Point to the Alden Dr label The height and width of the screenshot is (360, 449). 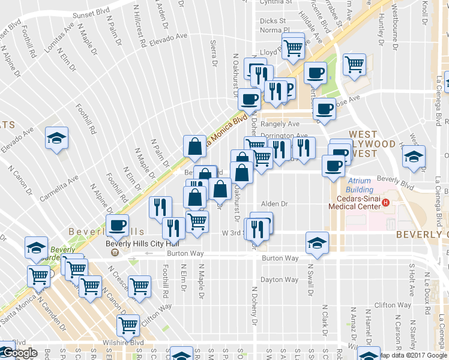[x=274, y=204]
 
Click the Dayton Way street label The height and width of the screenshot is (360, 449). [x=279, y=280]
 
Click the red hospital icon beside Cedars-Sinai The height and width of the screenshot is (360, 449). [x=386, y=202]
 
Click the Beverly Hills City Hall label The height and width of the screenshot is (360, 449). [x=142, y=244]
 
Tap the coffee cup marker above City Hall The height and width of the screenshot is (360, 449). [x=117, y=225]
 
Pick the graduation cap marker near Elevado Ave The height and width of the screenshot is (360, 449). [x=56, y=138]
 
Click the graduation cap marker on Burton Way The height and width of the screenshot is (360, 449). [x=317, y=242]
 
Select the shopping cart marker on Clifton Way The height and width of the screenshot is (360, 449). [x=139, y=286]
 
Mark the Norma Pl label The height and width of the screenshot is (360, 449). [x=275, y=30]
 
